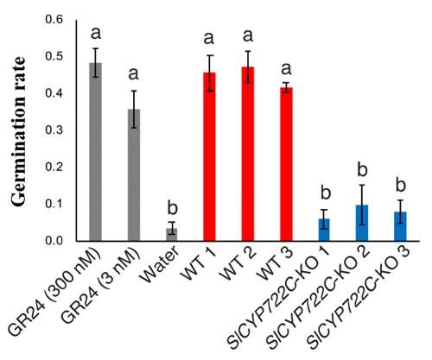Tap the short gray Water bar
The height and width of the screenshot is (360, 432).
point(171,235)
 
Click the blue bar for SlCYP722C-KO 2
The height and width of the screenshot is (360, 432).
point(361,224)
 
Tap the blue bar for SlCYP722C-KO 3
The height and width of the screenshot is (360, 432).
point(399,227)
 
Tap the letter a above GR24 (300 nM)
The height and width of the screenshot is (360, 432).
point(95,33)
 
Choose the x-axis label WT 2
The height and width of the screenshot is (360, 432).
point(237,269)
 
